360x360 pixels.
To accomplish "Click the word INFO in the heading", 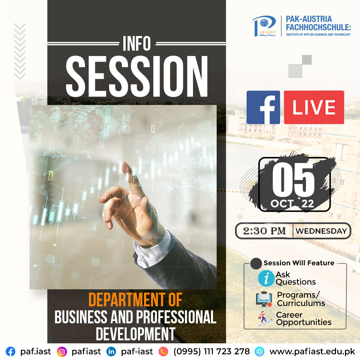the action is pos(137,43).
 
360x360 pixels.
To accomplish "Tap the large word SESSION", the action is pos(137,76).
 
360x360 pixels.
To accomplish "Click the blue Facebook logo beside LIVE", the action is pos(263,107).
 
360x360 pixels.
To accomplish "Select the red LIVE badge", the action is pos(314,107).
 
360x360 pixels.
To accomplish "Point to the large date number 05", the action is pos(293,180).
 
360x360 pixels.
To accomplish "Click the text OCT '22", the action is pos(292,203).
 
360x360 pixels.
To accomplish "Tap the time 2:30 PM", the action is pos(264,231).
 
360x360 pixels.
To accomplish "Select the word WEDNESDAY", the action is pos(321,231).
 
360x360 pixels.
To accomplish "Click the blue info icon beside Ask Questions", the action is pos(266,278).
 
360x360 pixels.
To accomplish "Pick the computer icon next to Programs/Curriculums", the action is pos(264,299).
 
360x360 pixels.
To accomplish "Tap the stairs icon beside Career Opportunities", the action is pos(265,319).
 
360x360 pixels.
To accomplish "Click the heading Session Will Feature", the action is pos(299,263).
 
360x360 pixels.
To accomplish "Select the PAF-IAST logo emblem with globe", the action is pos(264,26).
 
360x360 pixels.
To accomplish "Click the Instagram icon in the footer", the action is pos(62,352).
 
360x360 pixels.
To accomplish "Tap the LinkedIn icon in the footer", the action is pos(111,352).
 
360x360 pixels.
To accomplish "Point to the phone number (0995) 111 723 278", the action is pos(211,351).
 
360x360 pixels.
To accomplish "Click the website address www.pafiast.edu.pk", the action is pos(312,352).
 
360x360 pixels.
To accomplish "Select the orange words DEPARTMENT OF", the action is pos(135,300).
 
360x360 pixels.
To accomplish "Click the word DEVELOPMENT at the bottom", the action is pos(135,334).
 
